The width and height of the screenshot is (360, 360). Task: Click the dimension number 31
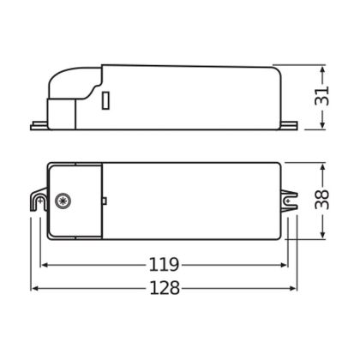coord(322,96)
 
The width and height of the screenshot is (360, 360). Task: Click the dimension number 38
coord(322,199)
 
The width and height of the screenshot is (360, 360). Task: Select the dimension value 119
coord(164,265)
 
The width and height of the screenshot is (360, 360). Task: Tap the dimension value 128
coord(165,288)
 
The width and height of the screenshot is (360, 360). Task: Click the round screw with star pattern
coord(63,201)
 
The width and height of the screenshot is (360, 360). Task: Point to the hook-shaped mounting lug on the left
coord(39,200)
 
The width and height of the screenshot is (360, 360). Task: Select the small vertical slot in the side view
coord(105,100)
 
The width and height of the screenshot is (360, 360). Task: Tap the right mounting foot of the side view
coord(289,126)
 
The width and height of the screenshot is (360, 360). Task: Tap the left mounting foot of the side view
coord(39,126)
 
